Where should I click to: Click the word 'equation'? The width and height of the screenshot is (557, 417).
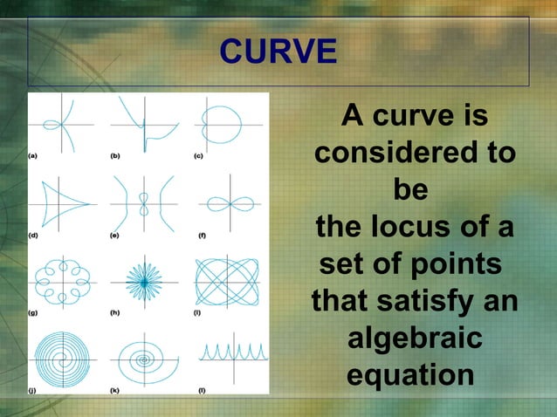pyautogui.click(x=409, y=375)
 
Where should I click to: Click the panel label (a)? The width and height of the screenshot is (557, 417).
pyautogui.click(x=33, y=155)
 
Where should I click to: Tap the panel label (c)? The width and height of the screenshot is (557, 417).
pyautogui.click(x=198, y=155)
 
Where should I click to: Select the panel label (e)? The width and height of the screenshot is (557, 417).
pyautogui.click(x=115, y=236)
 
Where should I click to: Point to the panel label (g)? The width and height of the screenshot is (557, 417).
pyautogui.click(x=33, y=312)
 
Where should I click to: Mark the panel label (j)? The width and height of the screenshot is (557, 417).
pyautogui.click(x=33, y=390)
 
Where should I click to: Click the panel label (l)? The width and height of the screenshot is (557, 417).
pyautogui.click(x=201, y=390)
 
